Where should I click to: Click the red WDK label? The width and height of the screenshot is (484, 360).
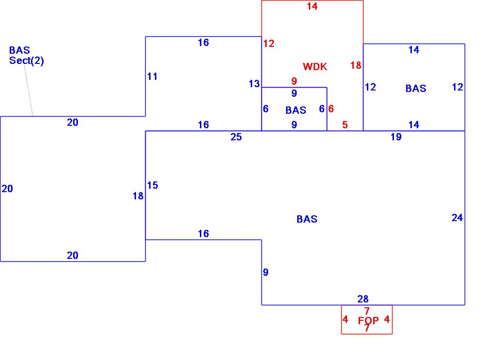(x=315, y=67)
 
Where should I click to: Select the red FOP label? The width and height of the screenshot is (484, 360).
(x=368, y=321)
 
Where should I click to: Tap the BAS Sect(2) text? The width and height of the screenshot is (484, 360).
(x=26, y=55)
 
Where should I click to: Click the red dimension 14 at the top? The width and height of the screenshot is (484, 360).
(x=312, y=6)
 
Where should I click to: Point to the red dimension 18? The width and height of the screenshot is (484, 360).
(x=356, y=65)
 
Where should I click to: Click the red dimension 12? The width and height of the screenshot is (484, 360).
(x=269, y=44)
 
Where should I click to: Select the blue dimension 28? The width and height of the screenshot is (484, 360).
(x=363, y=300)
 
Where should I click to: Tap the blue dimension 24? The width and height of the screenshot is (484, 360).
(x=457, y=218)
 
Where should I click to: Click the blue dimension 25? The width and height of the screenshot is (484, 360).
(x=236, y=137)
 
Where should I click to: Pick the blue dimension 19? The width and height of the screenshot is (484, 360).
(x=396, y=137)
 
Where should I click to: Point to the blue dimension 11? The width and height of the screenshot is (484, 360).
(x=152, y=76)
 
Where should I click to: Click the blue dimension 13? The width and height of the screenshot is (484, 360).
(x=254, y=84)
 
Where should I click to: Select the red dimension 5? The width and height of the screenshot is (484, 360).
(x=345, y=125)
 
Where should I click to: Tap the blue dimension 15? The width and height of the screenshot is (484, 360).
(x=152, y=185)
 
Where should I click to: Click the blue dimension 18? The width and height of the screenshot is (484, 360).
(x=138, y=196)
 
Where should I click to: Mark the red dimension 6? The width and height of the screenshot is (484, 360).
(x=331, y=109)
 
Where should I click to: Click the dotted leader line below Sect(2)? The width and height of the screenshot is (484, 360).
(x=29, y=92)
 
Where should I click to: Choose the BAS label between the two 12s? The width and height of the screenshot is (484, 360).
(x=416, y=89)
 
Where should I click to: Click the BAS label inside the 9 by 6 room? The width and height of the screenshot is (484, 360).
(x=296, y=110)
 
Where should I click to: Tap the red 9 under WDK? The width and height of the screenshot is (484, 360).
(x=294, y=81)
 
